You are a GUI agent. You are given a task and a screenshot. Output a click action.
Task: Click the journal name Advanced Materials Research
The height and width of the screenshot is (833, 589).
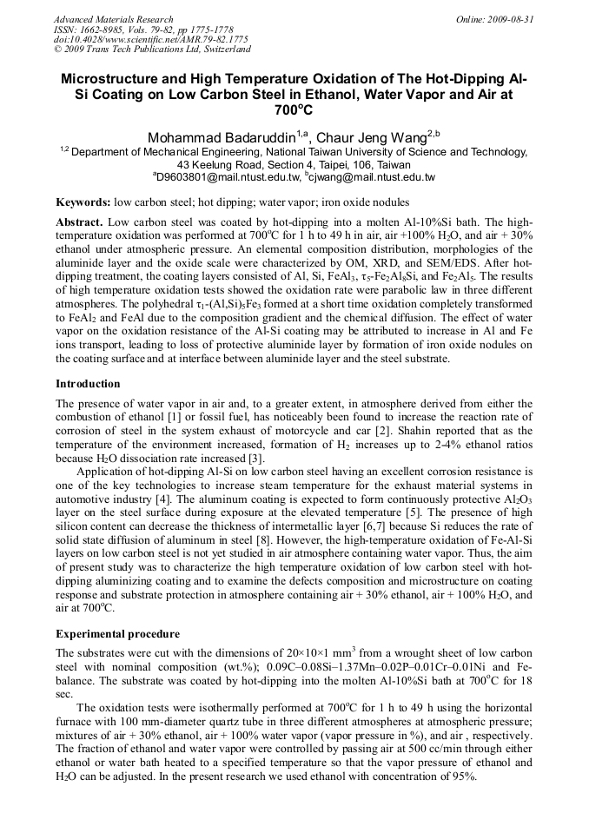tap(113, 19)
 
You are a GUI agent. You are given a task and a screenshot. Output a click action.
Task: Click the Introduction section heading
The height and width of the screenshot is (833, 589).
tap(88, 383)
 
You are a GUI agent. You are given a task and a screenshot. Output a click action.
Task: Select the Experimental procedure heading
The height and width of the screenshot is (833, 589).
tap(117, 633)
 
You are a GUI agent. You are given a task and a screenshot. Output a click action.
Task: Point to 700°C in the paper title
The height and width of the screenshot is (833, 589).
tap(294, 111)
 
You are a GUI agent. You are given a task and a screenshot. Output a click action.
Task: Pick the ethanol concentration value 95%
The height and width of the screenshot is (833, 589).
tap(460, 777)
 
